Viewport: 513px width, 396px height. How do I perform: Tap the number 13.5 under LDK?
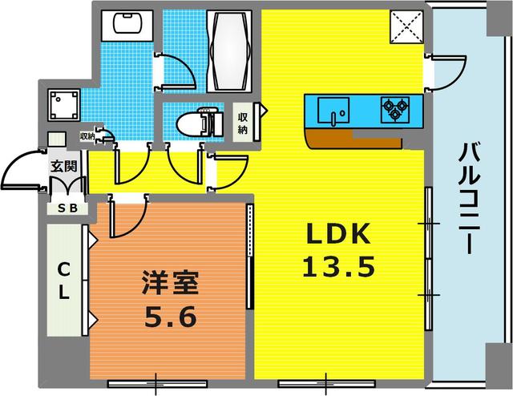pyautogui.click(x=338, y=266)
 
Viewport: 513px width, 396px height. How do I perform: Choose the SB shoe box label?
pyautogui.click(x=66, y=208)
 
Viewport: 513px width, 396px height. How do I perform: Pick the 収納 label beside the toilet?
pyautogui.click(x=243, y=122)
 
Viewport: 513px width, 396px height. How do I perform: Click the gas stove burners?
pyautogui.click(x=394, y=108)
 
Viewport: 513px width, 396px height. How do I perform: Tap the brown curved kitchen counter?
pyautogui.click(x=353, y=139)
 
